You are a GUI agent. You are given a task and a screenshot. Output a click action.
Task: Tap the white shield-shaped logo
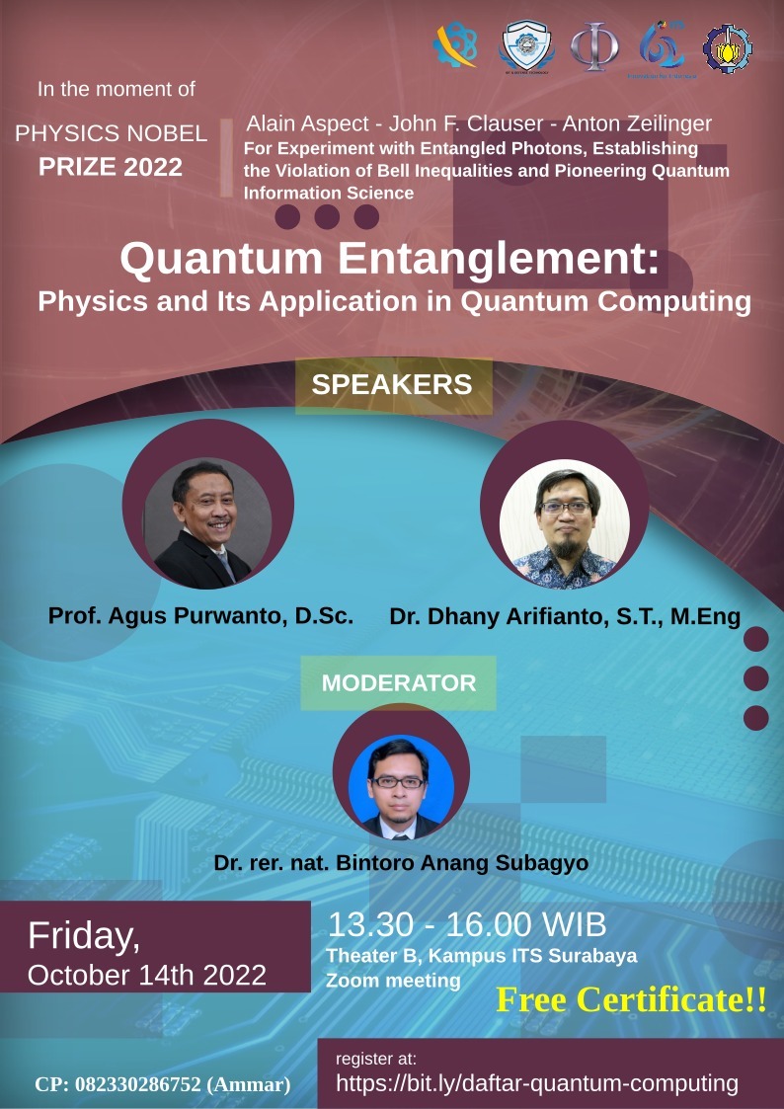click(x=528, y=45)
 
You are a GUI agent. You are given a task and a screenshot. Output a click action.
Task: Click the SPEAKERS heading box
click(x=392, y=384)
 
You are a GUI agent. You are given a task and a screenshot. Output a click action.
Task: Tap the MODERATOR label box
click(x=399, y=682)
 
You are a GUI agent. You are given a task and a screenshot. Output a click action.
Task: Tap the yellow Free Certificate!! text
click(x=631, y=999)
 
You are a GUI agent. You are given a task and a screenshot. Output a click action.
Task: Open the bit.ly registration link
click(x=537, y=1083)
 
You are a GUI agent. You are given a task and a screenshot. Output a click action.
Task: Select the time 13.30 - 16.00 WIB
click(x=467, y=925)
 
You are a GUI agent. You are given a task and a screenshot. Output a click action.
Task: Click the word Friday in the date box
click(x=84, y=934)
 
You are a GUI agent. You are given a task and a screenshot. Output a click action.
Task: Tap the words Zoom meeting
click(x=393, y=981)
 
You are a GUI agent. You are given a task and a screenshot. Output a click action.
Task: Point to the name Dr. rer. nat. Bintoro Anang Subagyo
click(x=401, y=862)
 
